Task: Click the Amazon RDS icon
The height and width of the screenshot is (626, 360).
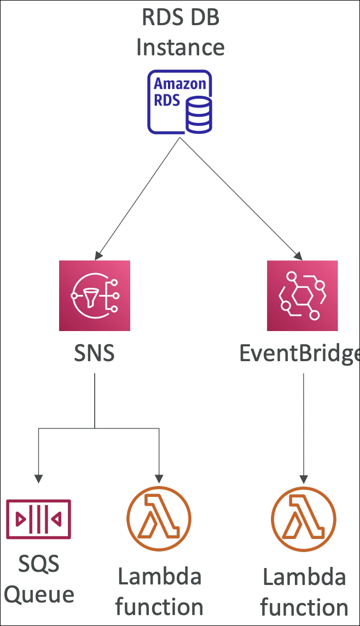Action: [179, 102]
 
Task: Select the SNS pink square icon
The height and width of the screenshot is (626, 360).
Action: [95, 295]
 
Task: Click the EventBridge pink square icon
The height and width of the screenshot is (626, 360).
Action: [302, 295]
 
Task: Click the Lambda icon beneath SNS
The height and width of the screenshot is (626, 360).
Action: [159, 517]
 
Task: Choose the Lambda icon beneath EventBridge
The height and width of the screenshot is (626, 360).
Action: [304, 517]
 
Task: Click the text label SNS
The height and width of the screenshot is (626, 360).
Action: [95, 353]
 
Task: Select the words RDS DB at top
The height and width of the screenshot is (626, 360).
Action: [180, 18]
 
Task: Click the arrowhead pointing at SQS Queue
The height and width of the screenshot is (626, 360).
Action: [38, 478]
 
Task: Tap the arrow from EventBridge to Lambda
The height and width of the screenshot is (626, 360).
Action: [304, 427]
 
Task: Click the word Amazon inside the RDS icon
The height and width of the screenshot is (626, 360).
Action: [180, 84]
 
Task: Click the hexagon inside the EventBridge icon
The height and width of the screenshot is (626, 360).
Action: [302, 296]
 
